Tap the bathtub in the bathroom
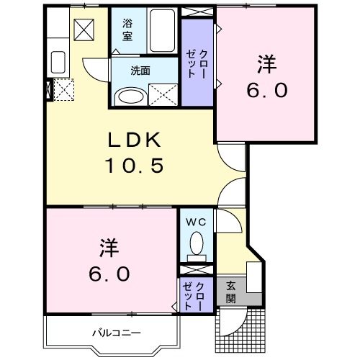point(162,31)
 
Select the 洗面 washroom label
point(140,71)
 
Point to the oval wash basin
point(130,96)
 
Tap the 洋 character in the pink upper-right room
point(266,64)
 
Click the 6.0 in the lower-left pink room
point(110,274)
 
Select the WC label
point(196,222)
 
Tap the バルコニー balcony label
point(116,332)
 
